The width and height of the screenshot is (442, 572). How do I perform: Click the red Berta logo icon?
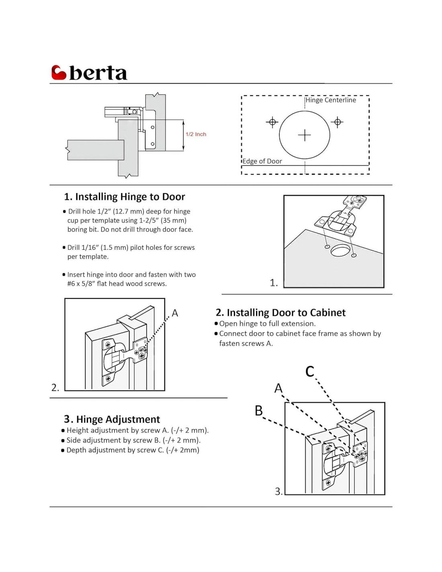click(59, 72)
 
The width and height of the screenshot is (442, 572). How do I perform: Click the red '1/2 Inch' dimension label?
click(196, 134)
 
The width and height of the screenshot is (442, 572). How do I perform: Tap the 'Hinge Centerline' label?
click(331, 100)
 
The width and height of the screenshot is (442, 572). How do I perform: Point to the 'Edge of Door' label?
click(262, 161)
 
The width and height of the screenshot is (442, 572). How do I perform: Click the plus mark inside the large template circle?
click(305, 135)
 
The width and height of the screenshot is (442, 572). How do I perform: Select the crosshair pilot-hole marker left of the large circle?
click(272, 122)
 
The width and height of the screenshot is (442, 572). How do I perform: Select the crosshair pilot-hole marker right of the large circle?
click(338, 122)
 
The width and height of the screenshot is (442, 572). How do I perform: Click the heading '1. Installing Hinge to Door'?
click(125, 197)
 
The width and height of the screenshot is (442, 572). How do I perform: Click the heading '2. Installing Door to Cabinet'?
click(280, 313)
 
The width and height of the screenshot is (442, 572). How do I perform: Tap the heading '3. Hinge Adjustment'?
click(112, 419)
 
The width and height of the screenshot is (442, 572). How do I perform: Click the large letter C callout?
click(310, 371)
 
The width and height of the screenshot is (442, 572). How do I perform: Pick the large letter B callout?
click(259, 411)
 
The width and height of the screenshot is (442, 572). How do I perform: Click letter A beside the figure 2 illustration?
click(175, 313)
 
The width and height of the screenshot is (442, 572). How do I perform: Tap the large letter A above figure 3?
click(278, 388)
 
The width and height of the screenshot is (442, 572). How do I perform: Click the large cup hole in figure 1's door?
click(340, 251)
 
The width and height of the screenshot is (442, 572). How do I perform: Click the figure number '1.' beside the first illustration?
click(274, 283)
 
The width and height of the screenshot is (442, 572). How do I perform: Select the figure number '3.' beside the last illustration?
click(278, 491)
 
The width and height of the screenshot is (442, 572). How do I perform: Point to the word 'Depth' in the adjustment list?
click(76, 450)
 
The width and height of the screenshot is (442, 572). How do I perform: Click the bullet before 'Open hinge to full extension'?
click(216, 323)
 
